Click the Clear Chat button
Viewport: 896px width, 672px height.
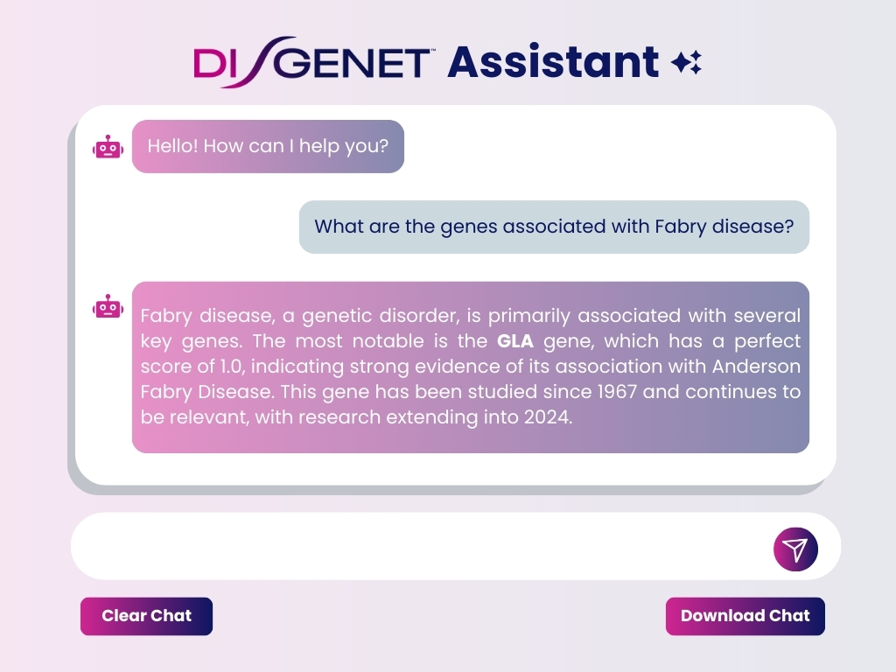tap(146, 616)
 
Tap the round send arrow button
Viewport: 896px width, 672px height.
tap(795, 549)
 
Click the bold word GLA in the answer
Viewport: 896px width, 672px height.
tap(514, 341)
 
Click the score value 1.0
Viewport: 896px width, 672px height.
tap(232, 367)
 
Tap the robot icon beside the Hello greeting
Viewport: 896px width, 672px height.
tap(108, 147)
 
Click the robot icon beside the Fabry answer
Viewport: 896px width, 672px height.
tap(108, 307)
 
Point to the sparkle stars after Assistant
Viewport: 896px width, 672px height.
tap(686, 62)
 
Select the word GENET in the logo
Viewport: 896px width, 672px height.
tap(355, 63)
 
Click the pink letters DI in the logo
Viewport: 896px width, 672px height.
tap(211, 63)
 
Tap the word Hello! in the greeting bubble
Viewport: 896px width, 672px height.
tap(172, 146)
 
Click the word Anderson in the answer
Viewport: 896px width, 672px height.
tap(756, 367)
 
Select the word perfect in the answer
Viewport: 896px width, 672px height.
tap(767, 341)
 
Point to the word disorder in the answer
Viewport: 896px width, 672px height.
tap(419, 316)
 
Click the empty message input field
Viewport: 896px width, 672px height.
tap(423, 546)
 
